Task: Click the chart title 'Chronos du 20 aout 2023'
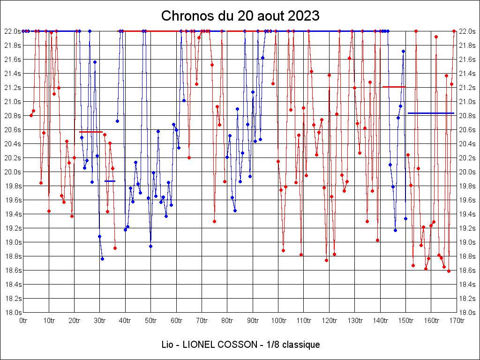240,16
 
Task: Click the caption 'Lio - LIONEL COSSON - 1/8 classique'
240,345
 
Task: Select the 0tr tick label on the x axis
23,321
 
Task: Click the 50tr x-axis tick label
150,321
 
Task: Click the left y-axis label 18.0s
13,313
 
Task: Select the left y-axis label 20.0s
13,172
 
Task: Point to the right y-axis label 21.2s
467,88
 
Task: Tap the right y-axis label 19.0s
467,242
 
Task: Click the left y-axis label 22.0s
13,31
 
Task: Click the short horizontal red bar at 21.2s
394,87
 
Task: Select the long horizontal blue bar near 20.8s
431,113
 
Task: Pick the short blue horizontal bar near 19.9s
110,181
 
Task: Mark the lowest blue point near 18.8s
102,259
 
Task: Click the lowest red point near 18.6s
449,271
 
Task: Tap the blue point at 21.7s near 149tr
403,51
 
